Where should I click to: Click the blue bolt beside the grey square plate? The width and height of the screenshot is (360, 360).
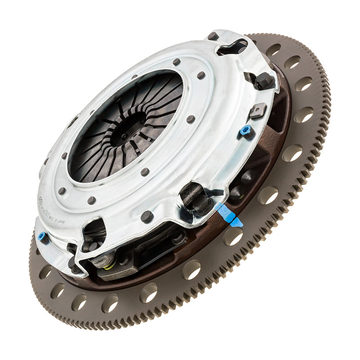click(x=245, y=130)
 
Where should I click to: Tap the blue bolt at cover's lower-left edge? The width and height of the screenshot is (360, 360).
click(x=42, y=236)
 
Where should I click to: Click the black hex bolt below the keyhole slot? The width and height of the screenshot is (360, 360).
click(x=263, y=81)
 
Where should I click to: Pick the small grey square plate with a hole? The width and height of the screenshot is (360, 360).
click(x=258, y=110)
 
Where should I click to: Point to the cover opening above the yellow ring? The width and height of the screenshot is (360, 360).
click(x=94, y=232)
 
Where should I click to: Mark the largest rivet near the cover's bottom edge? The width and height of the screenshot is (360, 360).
click(x=147, y=217)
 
